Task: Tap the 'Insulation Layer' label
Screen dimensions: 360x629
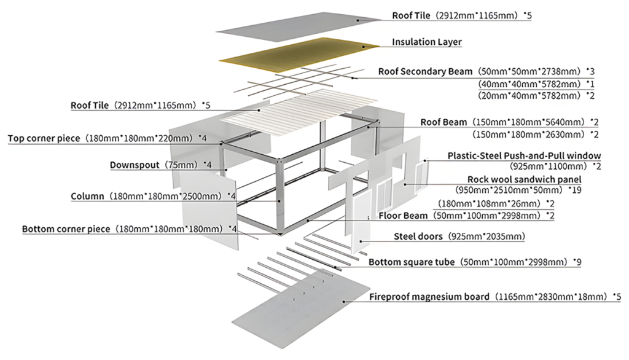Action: pyautogui.click(x=427, y=42)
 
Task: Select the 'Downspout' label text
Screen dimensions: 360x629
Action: pyautogui.click(x=135, y=165)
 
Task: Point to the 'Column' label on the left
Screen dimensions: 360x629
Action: pyautogui.click(x=88, y=197)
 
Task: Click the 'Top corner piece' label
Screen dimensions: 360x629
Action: pyautogui.click(x=44, y=138)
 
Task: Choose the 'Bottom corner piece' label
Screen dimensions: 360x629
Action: pyautogui.click(x=66, y=229)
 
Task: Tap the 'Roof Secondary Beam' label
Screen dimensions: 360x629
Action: pyautogui.click(x=425, y=72)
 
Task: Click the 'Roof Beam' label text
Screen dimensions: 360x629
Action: pyautogui.click(x=443, y=122)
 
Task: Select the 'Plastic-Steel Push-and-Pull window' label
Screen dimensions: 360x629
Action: pyautogui.click(x=524, y=156)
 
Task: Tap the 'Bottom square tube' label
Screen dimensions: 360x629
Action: pyautogui.click(x=412, y=262)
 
